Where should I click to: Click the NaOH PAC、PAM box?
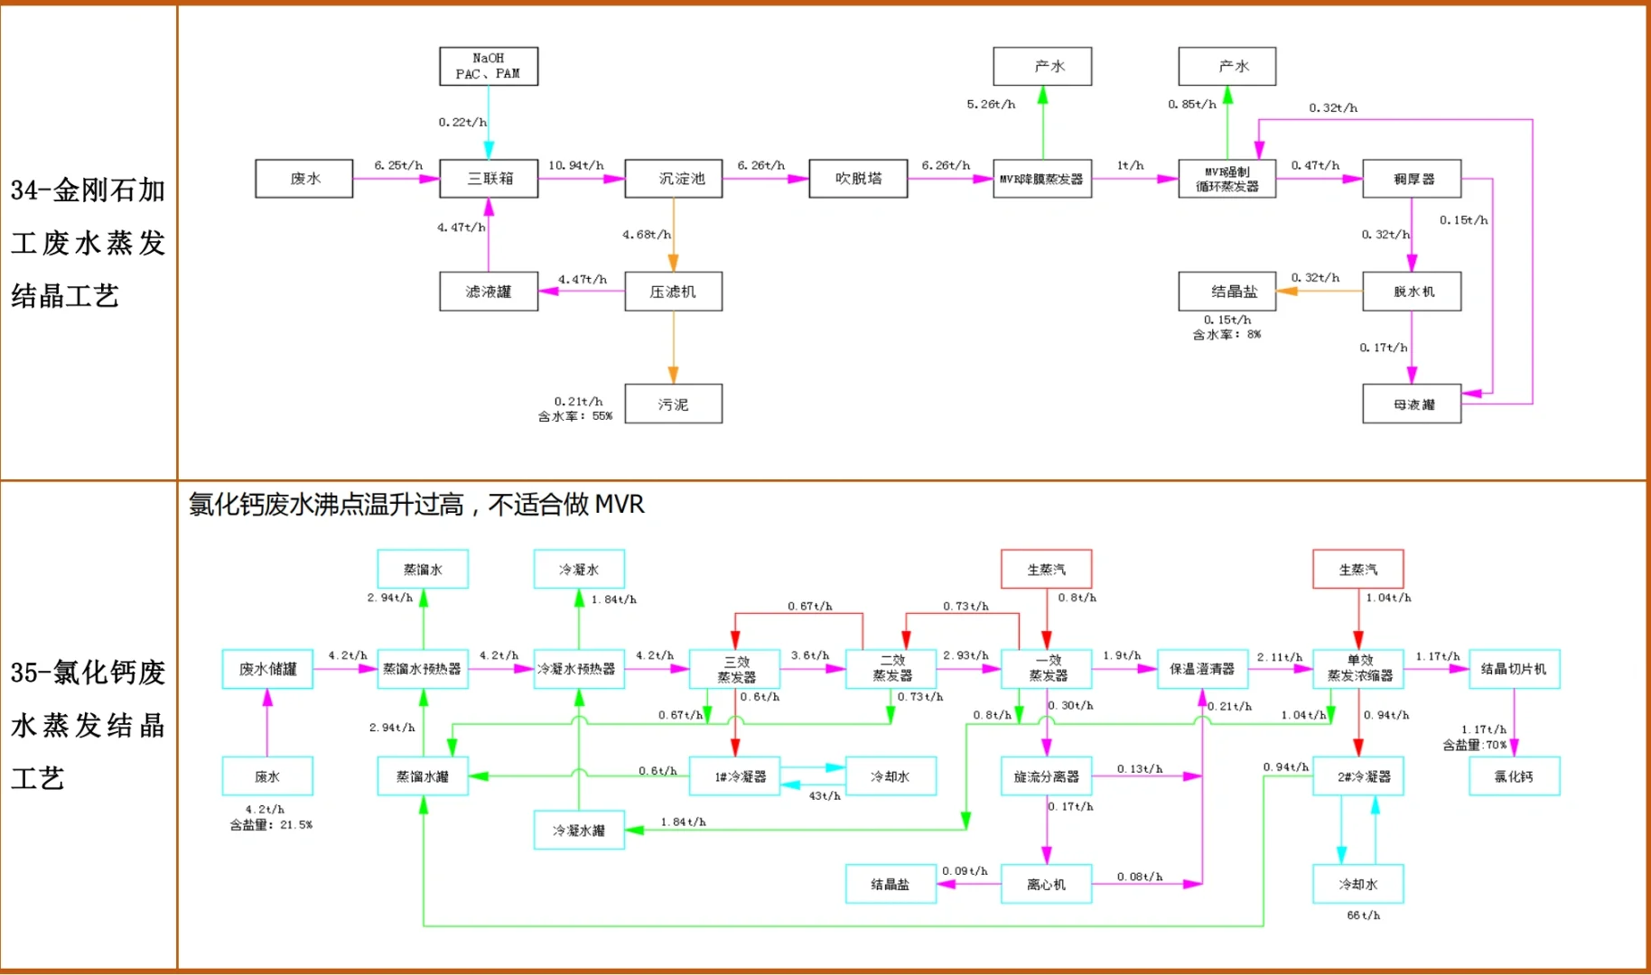click(489, 66)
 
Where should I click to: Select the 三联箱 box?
click(489, 179)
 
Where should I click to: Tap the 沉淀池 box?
click(673, 179)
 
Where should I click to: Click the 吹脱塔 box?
click(858, 179)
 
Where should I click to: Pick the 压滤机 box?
click(673, 292)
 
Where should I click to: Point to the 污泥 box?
click(673, 404)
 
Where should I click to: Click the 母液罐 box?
click(1412, 404)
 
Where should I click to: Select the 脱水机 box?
click(1412, 292)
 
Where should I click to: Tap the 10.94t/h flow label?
click(575, 165)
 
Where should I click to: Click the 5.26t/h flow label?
click(991, 105)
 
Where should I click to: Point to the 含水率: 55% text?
click(574, 416)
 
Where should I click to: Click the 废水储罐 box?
click(267, 669)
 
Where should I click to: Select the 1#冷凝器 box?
click(735, 776)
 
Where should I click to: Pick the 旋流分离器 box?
click(1046, 776)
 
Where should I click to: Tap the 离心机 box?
click(1046, 885)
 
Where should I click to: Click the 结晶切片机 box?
click(1514, 669)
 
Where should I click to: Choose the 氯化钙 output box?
click(1514, 776)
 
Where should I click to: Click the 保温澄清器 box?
click(1202, 669)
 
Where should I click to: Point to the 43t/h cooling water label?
click(824, 796)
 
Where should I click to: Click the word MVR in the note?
click(619, 504)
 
